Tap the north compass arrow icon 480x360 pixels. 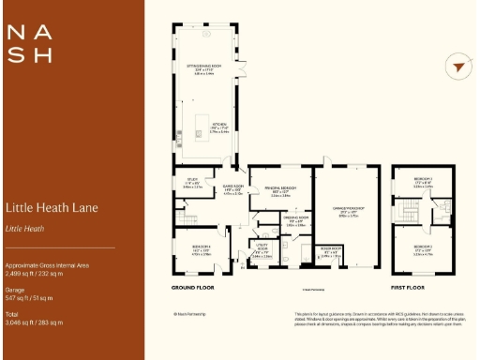457,67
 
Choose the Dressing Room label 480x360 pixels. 296,223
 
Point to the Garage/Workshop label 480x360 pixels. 349,209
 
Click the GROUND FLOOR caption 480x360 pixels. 194,287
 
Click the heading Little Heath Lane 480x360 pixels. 52,207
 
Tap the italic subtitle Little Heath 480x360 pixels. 25,228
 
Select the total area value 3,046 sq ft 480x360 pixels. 34,322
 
